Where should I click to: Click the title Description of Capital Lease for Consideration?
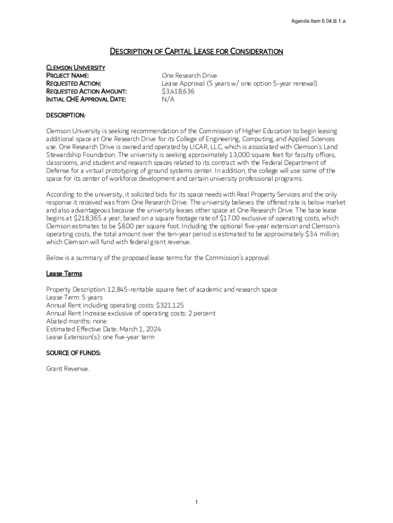coord(196,51)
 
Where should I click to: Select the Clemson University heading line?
coord(76,67)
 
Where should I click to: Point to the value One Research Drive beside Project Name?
coord(189,76)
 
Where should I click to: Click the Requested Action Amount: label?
coord(86,91)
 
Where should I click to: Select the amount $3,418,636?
coord(178,91)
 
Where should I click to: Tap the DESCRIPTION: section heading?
coord(66,115)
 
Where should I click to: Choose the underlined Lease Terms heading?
coord(64,274)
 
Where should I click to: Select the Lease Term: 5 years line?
coord(75,297)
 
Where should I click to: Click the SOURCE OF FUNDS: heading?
coord(73,353)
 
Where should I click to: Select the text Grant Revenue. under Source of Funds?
coord(68,369)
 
